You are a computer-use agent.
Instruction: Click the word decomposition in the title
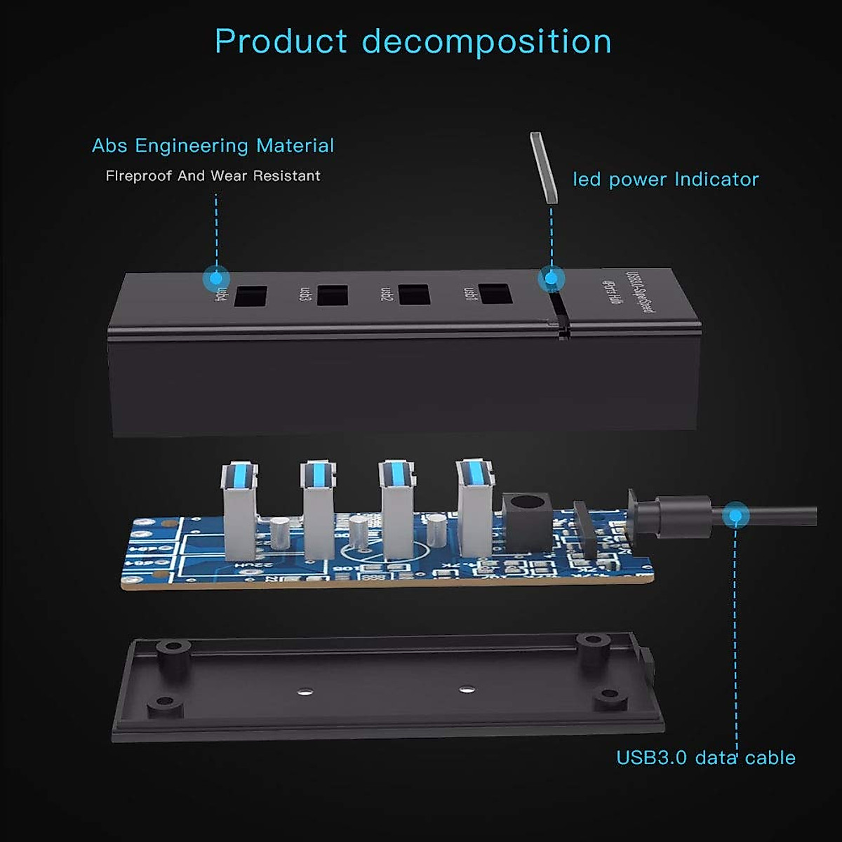[x=486, y=42]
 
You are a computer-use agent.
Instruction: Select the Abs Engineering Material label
[x=213, y=146]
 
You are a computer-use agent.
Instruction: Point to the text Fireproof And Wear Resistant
[x=213, y=176]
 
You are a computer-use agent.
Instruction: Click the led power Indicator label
[x=665, y=180]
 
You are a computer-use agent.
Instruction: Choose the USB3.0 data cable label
[x=705, y=758]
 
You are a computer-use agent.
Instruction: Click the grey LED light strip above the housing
[x=542, y=166]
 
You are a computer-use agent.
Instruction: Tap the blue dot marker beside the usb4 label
[x=216, y=279]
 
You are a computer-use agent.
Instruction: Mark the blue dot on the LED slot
[x=552, y=279]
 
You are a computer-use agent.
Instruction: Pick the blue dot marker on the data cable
[x=735, y=516]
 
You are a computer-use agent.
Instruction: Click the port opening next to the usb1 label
[x=495, y=293]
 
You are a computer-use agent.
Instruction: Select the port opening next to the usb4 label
[x=250, y=296]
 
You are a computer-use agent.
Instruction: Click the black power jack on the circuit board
[x=524, y=519]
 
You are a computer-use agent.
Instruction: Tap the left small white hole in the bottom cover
[x=302, y=692]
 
